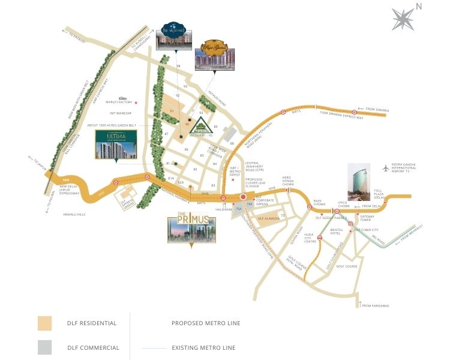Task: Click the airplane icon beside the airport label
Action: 385,168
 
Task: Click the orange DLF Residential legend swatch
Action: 45,323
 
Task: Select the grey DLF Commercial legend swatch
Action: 45,347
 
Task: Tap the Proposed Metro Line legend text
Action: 206,323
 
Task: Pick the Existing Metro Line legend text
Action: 203,347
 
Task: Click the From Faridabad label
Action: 376,306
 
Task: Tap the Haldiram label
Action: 223,209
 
